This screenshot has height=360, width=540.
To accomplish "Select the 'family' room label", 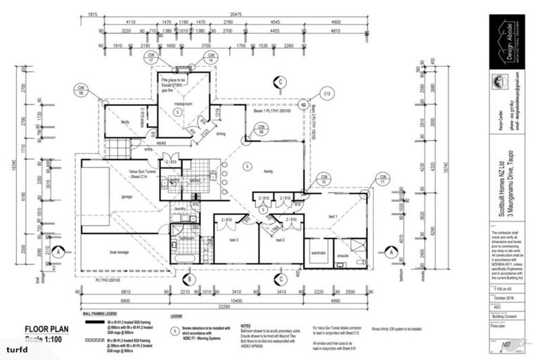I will [x=268, y=172].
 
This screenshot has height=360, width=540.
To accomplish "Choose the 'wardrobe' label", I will [x=317, y=252].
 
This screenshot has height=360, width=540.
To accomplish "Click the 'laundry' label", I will [x=180, y=209].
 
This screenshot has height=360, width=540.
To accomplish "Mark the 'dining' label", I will [x=221, y=133].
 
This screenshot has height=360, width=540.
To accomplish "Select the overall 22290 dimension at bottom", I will [x=224, y=308].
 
